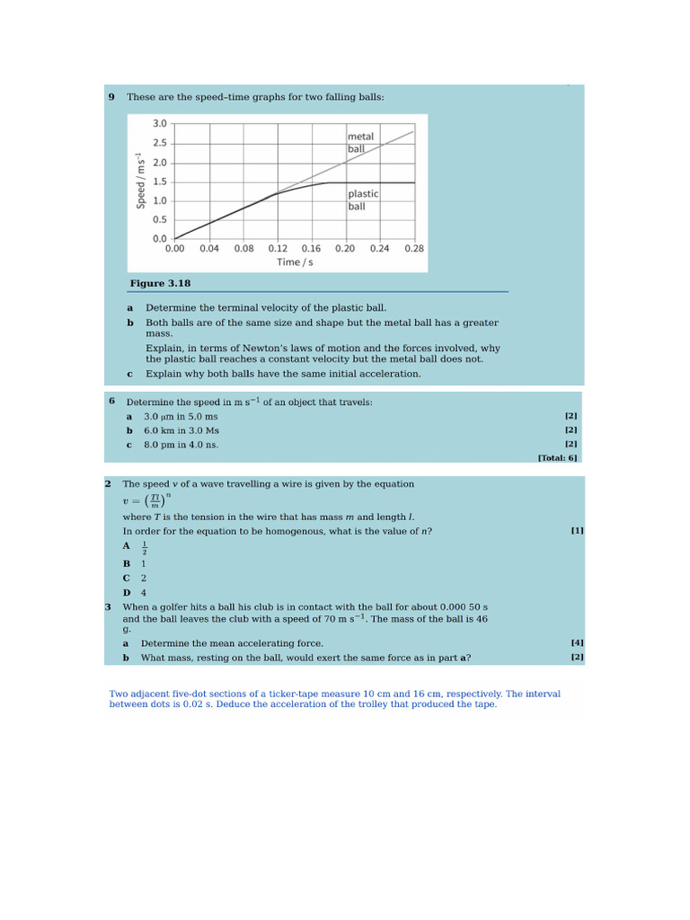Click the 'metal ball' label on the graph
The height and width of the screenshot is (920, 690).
tap(360, 142)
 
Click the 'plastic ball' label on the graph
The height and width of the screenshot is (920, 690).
tap(363, 199)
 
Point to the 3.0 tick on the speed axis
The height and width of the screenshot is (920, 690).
tap(159, 124)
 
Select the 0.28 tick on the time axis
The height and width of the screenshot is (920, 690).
tap(413, 249)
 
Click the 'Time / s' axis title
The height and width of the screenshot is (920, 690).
tap(295, 262)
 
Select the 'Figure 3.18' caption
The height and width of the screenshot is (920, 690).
tap(160, 284)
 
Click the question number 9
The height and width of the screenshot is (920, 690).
tap(111, 96)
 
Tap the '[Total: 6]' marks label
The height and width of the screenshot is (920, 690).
tap(557, 457)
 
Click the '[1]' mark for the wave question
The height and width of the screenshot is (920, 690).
tap(577, 531)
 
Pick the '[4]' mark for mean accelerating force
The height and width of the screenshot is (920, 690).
tap(577, 643)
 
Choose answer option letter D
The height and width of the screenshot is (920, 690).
tap(127, 593)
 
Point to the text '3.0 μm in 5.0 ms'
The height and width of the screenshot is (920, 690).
tap(181, 417)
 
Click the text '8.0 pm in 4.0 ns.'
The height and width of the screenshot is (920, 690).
tap(181, 445)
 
